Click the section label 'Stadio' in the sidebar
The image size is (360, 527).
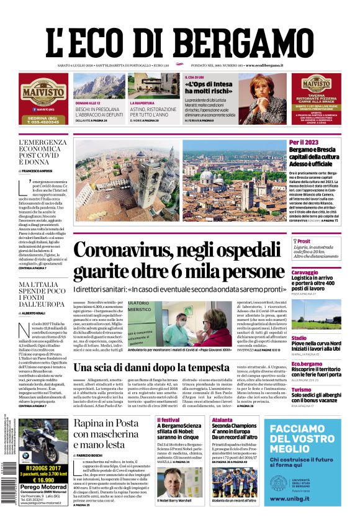[x=299, y=338]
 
